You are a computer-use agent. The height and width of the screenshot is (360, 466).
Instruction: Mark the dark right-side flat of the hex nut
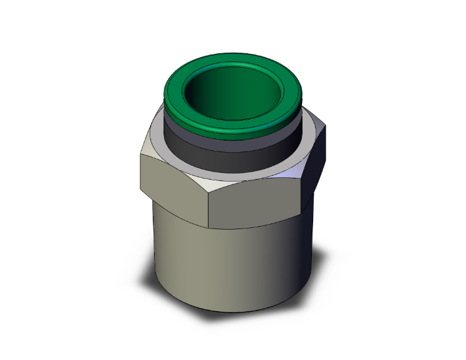pyautogui.click(x=316, y=166)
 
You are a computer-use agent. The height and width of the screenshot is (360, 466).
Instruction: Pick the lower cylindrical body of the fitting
pyautogui.click(x=207, y=263)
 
